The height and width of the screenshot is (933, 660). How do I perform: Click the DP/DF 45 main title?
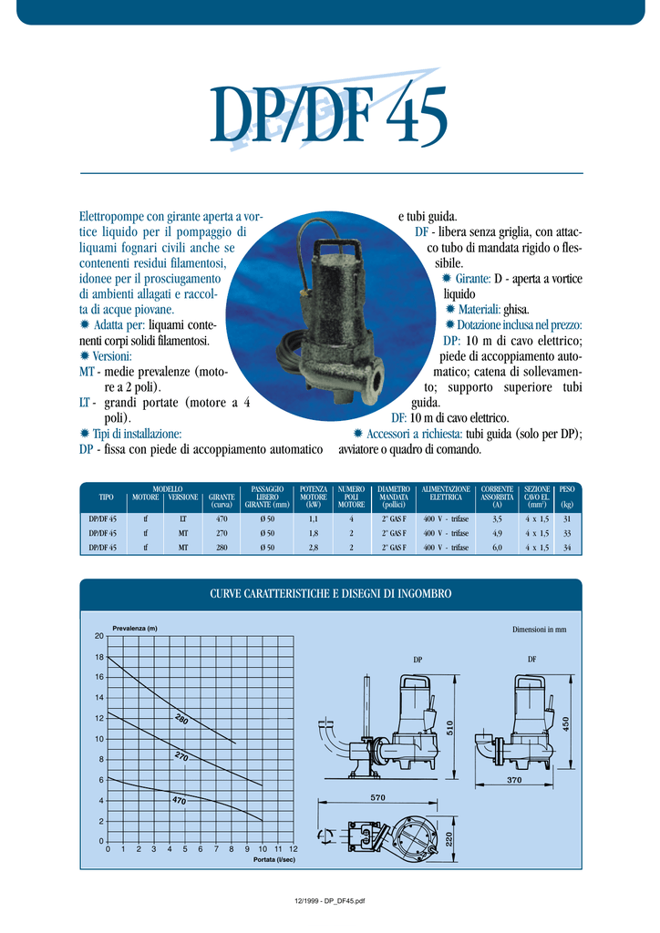click(328, 115)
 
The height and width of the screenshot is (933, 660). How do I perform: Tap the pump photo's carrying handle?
click(335, 247)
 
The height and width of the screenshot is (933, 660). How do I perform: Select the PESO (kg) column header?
click(567, 497)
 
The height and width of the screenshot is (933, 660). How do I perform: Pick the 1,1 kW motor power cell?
click(313, 518)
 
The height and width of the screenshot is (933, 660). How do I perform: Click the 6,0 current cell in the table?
click(497, 548)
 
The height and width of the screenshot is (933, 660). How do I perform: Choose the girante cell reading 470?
click(222, 518)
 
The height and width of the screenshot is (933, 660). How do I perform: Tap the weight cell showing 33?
click(567, 533)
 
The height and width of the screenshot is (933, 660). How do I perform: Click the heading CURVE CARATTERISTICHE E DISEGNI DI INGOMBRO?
click(331, 594)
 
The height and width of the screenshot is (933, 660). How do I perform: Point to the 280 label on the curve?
click(181, 720)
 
